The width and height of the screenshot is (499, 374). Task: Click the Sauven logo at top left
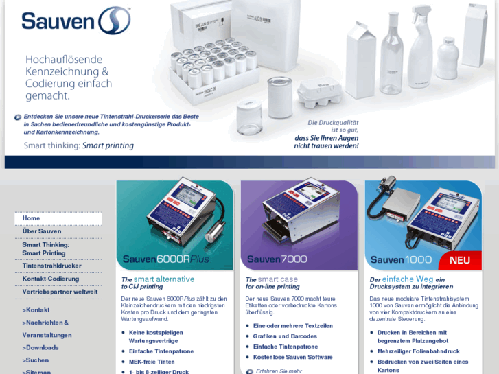[x=76, y=21]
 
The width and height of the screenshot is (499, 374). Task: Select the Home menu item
[x=32, y=218]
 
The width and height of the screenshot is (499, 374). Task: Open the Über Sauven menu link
[x=42, y=231]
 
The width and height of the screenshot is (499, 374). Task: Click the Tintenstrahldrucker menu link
[x=51, y=266]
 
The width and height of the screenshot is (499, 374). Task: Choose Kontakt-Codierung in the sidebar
[x=51, y=279]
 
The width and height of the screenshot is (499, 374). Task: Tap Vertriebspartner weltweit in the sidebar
[x=60, y=292]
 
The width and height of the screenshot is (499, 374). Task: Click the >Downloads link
[x=40, y=347]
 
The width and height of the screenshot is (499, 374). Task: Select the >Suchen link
[x=36, y=360]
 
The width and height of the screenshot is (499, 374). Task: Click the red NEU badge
[x=459, y=260]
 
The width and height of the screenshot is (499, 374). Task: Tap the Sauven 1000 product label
[x=401, y=259]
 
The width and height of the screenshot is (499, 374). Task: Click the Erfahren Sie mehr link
[x=278, y=371]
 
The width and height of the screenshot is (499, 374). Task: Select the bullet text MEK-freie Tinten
[x=152, y=362]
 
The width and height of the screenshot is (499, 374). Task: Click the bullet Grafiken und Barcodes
[x=285, y=336]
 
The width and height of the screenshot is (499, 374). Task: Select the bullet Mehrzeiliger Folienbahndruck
[x=418, y=351]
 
